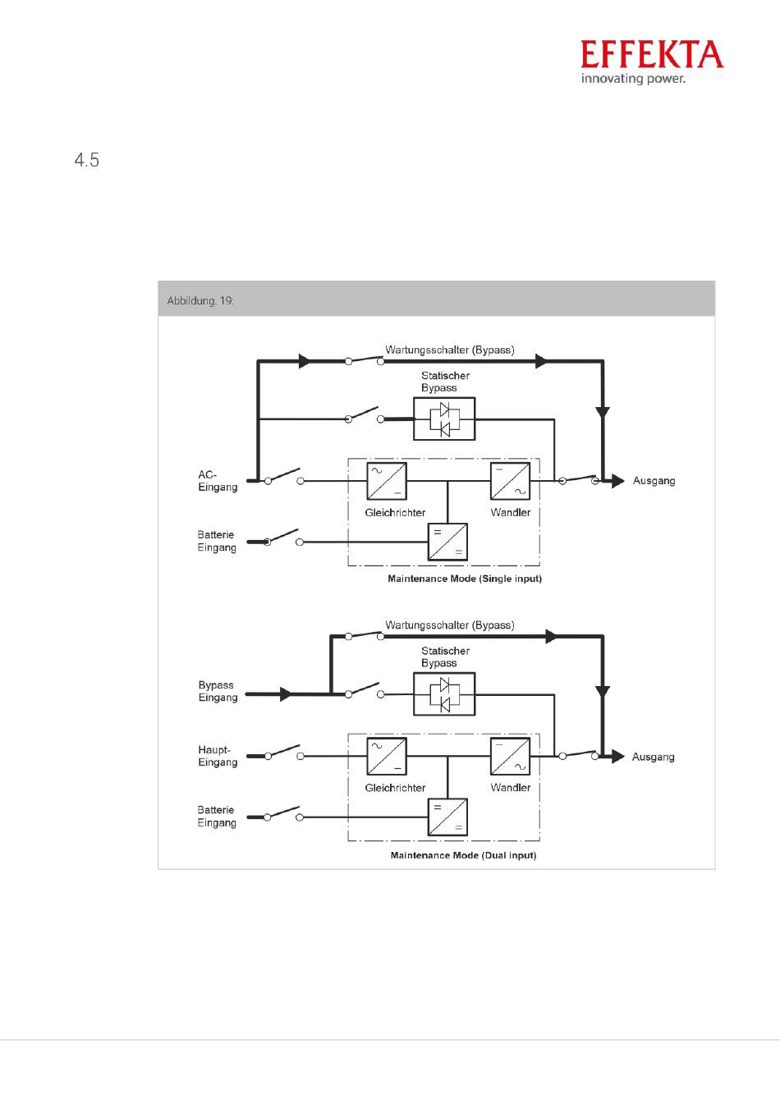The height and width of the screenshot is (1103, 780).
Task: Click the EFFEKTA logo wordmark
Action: [x=651, y=54]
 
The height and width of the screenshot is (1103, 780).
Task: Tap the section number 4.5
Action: [x=87, y=160]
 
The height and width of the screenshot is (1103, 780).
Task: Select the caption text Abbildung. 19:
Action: [x=200, y=300]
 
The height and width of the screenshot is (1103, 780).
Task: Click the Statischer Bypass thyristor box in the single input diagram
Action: [x=444, y=419]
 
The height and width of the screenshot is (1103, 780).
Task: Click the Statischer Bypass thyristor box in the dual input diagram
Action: [x=444, y=693]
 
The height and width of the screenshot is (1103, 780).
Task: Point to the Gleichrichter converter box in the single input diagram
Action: [x=386, y=481]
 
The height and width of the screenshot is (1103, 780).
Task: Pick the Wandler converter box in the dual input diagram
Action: [x=510, y=756]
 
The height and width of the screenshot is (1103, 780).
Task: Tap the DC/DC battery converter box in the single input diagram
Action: [x=447, y=542]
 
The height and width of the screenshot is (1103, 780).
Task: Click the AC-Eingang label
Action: [x=218, y=481]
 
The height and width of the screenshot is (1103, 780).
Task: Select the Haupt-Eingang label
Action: [x=218, y=756]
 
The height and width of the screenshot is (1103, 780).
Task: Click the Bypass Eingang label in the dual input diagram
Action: [x=218, y=691]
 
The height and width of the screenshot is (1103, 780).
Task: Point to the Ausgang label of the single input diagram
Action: [x=654, y=481]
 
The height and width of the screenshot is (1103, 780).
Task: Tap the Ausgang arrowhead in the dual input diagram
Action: [x=618, y=756]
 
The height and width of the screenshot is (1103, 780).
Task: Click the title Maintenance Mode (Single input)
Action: [x=465, y=579]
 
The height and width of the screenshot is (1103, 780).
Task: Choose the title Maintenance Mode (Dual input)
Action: [x=463, y=855]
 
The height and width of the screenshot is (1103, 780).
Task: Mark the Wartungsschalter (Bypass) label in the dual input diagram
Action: [x=449, y=625]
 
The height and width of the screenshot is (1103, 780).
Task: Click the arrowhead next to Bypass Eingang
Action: [x=286, y=694]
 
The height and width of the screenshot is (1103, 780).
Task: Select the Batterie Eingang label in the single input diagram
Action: [x=216, y=541]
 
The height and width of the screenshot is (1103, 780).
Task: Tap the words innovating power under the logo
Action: [x=633, y=79]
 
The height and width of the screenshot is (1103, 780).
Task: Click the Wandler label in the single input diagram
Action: [x=511, y=512]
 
